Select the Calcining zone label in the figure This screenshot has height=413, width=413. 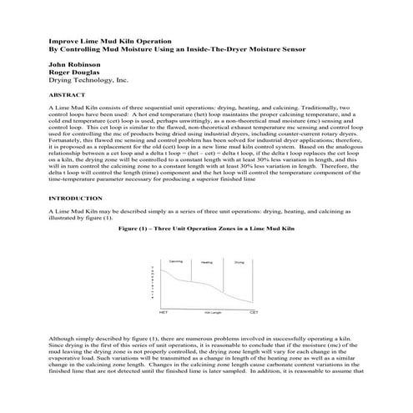pos(176,261)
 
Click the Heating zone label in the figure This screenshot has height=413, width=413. pos(207,262)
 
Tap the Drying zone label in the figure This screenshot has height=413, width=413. pos(240,262)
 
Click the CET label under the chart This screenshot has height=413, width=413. pos(254,311)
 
